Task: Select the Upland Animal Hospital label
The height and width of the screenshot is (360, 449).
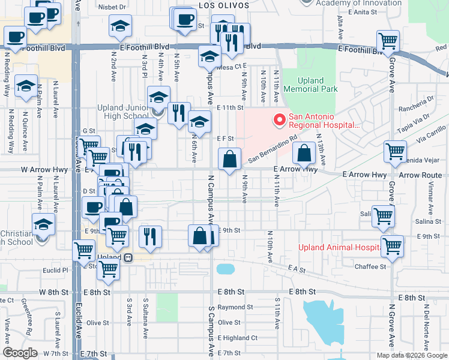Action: click(x=339, y=247)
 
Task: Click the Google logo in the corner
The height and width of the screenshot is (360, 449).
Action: click(x=20, y=353)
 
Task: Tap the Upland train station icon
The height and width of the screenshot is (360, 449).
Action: click(x=128, y=257)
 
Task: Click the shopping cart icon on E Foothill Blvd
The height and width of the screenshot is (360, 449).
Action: click(x=388, y=41)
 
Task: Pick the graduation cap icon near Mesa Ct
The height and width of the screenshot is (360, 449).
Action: click(x=209, y=58)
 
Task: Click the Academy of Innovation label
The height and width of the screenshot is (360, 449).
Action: click(x=358, y=3)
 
